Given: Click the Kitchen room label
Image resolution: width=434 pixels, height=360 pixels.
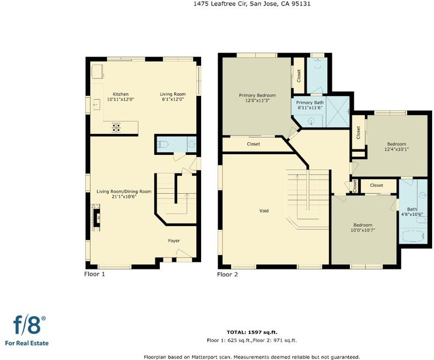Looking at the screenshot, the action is pos(121,94).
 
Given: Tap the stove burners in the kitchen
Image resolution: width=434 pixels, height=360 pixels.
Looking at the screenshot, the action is pos(116,127).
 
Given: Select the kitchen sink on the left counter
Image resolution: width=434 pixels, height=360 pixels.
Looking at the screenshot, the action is pos(97,104).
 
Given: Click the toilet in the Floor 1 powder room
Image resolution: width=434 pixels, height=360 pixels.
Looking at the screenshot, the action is pos(163,144).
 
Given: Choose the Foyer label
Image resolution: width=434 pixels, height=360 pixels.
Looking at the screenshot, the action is pos(174,241).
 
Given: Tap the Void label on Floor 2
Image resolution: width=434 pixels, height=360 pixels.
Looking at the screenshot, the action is pos(264,211).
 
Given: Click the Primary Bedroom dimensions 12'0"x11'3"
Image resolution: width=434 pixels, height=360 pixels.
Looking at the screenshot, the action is pos(257,100).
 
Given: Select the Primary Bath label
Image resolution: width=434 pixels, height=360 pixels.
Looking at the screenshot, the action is pos(310,103).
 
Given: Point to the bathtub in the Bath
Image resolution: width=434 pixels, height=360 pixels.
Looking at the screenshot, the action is pos(413,236).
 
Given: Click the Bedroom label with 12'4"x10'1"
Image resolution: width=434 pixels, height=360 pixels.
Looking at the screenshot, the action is pos(397,144).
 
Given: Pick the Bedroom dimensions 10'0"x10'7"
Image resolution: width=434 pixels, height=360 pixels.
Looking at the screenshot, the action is pos(363,230).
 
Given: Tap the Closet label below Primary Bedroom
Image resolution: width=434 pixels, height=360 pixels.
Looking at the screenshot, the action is pos(253,144).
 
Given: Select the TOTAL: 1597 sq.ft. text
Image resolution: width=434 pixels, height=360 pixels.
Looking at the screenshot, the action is pos(252,332).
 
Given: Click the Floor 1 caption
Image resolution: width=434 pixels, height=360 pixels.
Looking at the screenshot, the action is pos(95,274).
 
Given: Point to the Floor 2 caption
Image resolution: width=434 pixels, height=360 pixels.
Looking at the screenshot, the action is pos(228,274).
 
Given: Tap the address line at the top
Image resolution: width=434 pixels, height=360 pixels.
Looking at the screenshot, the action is pos(252,4).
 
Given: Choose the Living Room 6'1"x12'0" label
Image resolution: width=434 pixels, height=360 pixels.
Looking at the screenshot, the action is pos(173,97).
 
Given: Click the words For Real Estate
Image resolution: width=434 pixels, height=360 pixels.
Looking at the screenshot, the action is pos(27,343).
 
